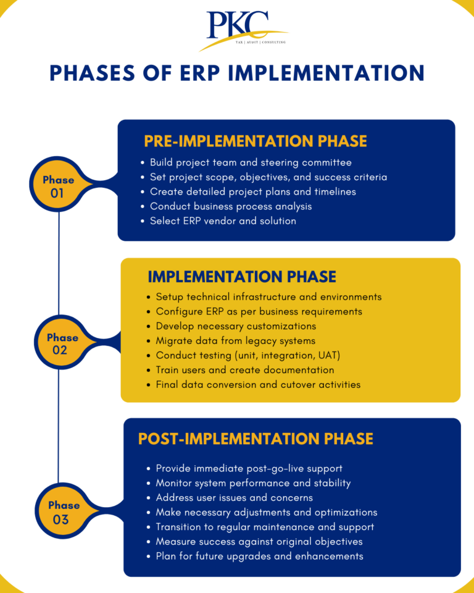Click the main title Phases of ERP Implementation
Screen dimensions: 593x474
tap(237, 73)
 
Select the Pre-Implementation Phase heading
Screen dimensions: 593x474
tap(255, 141)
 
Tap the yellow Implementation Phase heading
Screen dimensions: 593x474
tap(242, 276)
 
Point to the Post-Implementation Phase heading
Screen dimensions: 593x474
tap(256, 439)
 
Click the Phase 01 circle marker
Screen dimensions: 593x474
tap(59, 186)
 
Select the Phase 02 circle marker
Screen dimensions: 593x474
tap(62, 343)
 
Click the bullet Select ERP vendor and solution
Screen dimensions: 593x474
tap(223, 221)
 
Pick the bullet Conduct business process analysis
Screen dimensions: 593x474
tap(231, 206)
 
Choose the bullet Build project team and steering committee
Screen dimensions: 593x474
tap(251, 162)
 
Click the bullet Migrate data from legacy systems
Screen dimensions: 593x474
tap(235, 340)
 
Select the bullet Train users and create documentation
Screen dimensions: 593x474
tap(244, 370)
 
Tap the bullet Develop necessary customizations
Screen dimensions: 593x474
tap(236, 326)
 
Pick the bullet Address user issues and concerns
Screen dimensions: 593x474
tap(234, 497)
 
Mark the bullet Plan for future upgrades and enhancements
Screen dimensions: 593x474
tap(259, 556)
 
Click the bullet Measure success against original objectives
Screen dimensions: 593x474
tap(259, 541)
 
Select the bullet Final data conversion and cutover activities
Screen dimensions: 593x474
tap(258, 384)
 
